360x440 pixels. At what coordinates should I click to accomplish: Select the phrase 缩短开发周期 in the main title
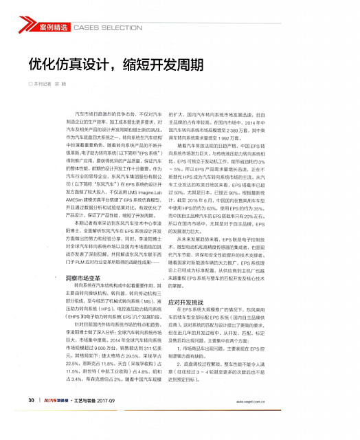(164, 65)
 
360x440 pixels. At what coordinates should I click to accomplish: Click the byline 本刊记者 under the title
(43, 83)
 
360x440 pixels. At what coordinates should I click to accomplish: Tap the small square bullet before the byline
(30, 83)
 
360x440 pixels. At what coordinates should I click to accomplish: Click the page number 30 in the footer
(32, 419)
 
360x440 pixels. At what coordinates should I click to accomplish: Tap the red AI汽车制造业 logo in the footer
(56, 419)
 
